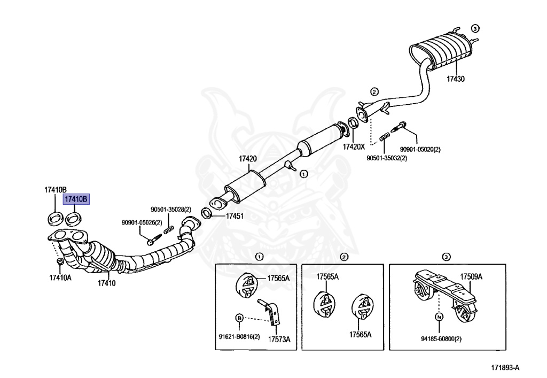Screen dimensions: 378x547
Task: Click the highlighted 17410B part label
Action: (75, 199)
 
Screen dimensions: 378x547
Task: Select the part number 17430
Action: (456, 79)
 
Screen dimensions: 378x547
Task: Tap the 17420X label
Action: (354, 146)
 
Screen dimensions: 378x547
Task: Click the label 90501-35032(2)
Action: (386, 158)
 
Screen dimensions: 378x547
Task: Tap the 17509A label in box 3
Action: (471, 276)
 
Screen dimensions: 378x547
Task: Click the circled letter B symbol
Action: (239, 318)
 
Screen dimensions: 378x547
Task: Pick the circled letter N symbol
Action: (439, 317)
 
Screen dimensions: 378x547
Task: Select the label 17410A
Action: (60, 277)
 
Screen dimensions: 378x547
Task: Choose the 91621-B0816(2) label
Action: (239, 336)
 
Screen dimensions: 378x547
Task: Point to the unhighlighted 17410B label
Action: (56, 189)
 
